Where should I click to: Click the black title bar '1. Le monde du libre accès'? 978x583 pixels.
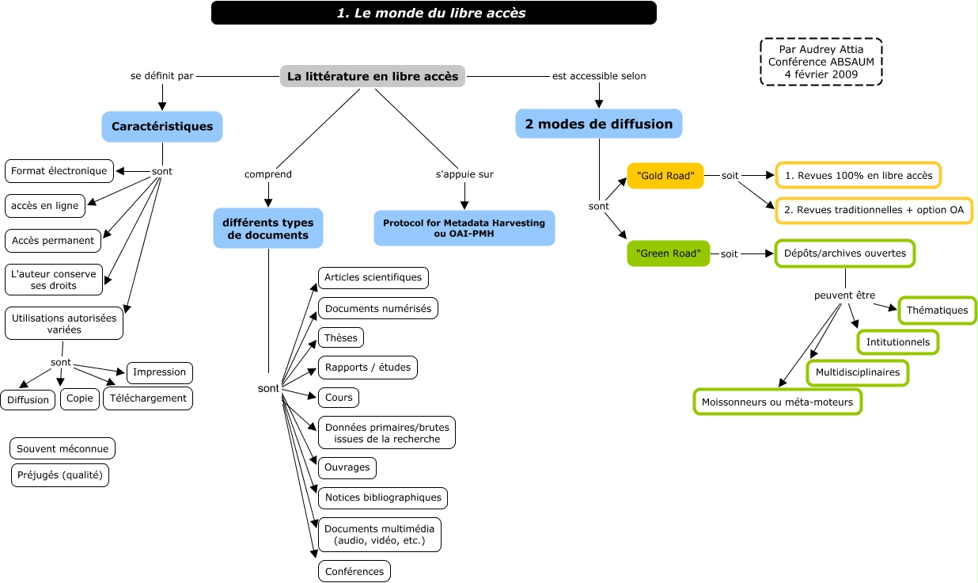[x=434, y=13]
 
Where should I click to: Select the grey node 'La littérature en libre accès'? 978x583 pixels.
[x=372, y=76]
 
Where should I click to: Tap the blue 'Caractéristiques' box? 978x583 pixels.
[x=162, y=127]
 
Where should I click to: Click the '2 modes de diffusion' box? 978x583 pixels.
[x=598, y=124]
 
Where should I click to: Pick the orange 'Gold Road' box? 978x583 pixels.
[x=665, y=175]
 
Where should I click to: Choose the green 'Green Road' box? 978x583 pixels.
[x=668, y=253]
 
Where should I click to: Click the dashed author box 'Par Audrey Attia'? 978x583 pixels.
[x=821, y=62]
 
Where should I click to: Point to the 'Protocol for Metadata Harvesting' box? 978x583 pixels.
[x=464, y=227]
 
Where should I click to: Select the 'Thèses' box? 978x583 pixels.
[x=340, y=338]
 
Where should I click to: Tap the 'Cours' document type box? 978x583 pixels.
[x=339, y=397]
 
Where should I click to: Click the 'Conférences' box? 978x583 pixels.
[x=354, y=571]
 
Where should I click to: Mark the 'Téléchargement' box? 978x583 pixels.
[x=148, y=398]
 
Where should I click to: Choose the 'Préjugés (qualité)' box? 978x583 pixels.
[x=60, y=475]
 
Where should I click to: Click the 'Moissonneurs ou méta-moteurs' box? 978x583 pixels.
[x=777, y=402]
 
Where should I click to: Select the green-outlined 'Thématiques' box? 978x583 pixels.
[x=937, y=311]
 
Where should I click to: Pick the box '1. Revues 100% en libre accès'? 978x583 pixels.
[x=858, y=176]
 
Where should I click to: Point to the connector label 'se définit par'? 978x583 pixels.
[x=162, y=76]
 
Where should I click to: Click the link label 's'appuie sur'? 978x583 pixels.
[x=464, y=174]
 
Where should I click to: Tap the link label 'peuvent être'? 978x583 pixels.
[x=844, y=295]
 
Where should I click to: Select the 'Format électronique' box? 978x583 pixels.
[x=59, y=171]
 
